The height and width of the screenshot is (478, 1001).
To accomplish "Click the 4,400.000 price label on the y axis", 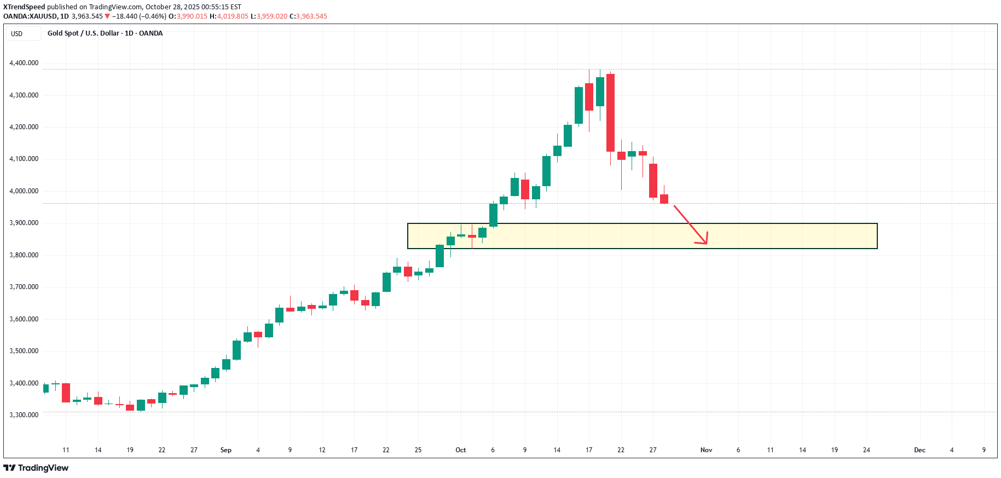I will point(24,63).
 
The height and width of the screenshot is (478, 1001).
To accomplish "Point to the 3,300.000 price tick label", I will point(24,415).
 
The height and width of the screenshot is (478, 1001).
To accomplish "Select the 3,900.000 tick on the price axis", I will point(24,223).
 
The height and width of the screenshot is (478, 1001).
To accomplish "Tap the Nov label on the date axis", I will point(706,450).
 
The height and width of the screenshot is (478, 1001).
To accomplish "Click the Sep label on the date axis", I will point(225,450).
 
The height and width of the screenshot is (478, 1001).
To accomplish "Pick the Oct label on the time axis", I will point(461,450).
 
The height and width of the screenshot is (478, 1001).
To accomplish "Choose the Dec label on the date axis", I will point(919,450).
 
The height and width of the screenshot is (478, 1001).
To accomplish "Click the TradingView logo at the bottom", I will point(36,468).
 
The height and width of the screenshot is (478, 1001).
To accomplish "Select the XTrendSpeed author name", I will point(24,7).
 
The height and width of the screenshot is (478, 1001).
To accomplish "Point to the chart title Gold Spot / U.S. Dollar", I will point(83,33).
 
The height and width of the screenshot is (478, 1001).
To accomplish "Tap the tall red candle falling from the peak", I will point(610,112).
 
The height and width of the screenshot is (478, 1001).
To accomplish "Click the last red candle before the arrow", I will point(664,199).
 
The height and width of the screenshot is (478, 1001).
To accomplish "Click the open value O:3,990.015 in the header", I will point(188,16).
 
